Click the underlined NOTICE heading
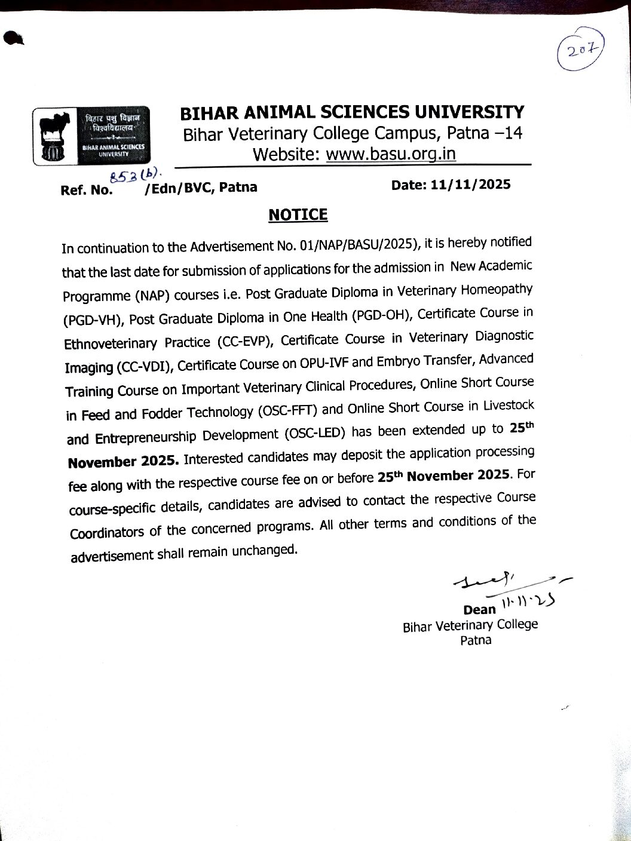298,214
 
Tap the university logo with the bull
91,136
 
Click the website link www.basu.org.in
391,154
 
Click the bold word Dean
479,610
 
